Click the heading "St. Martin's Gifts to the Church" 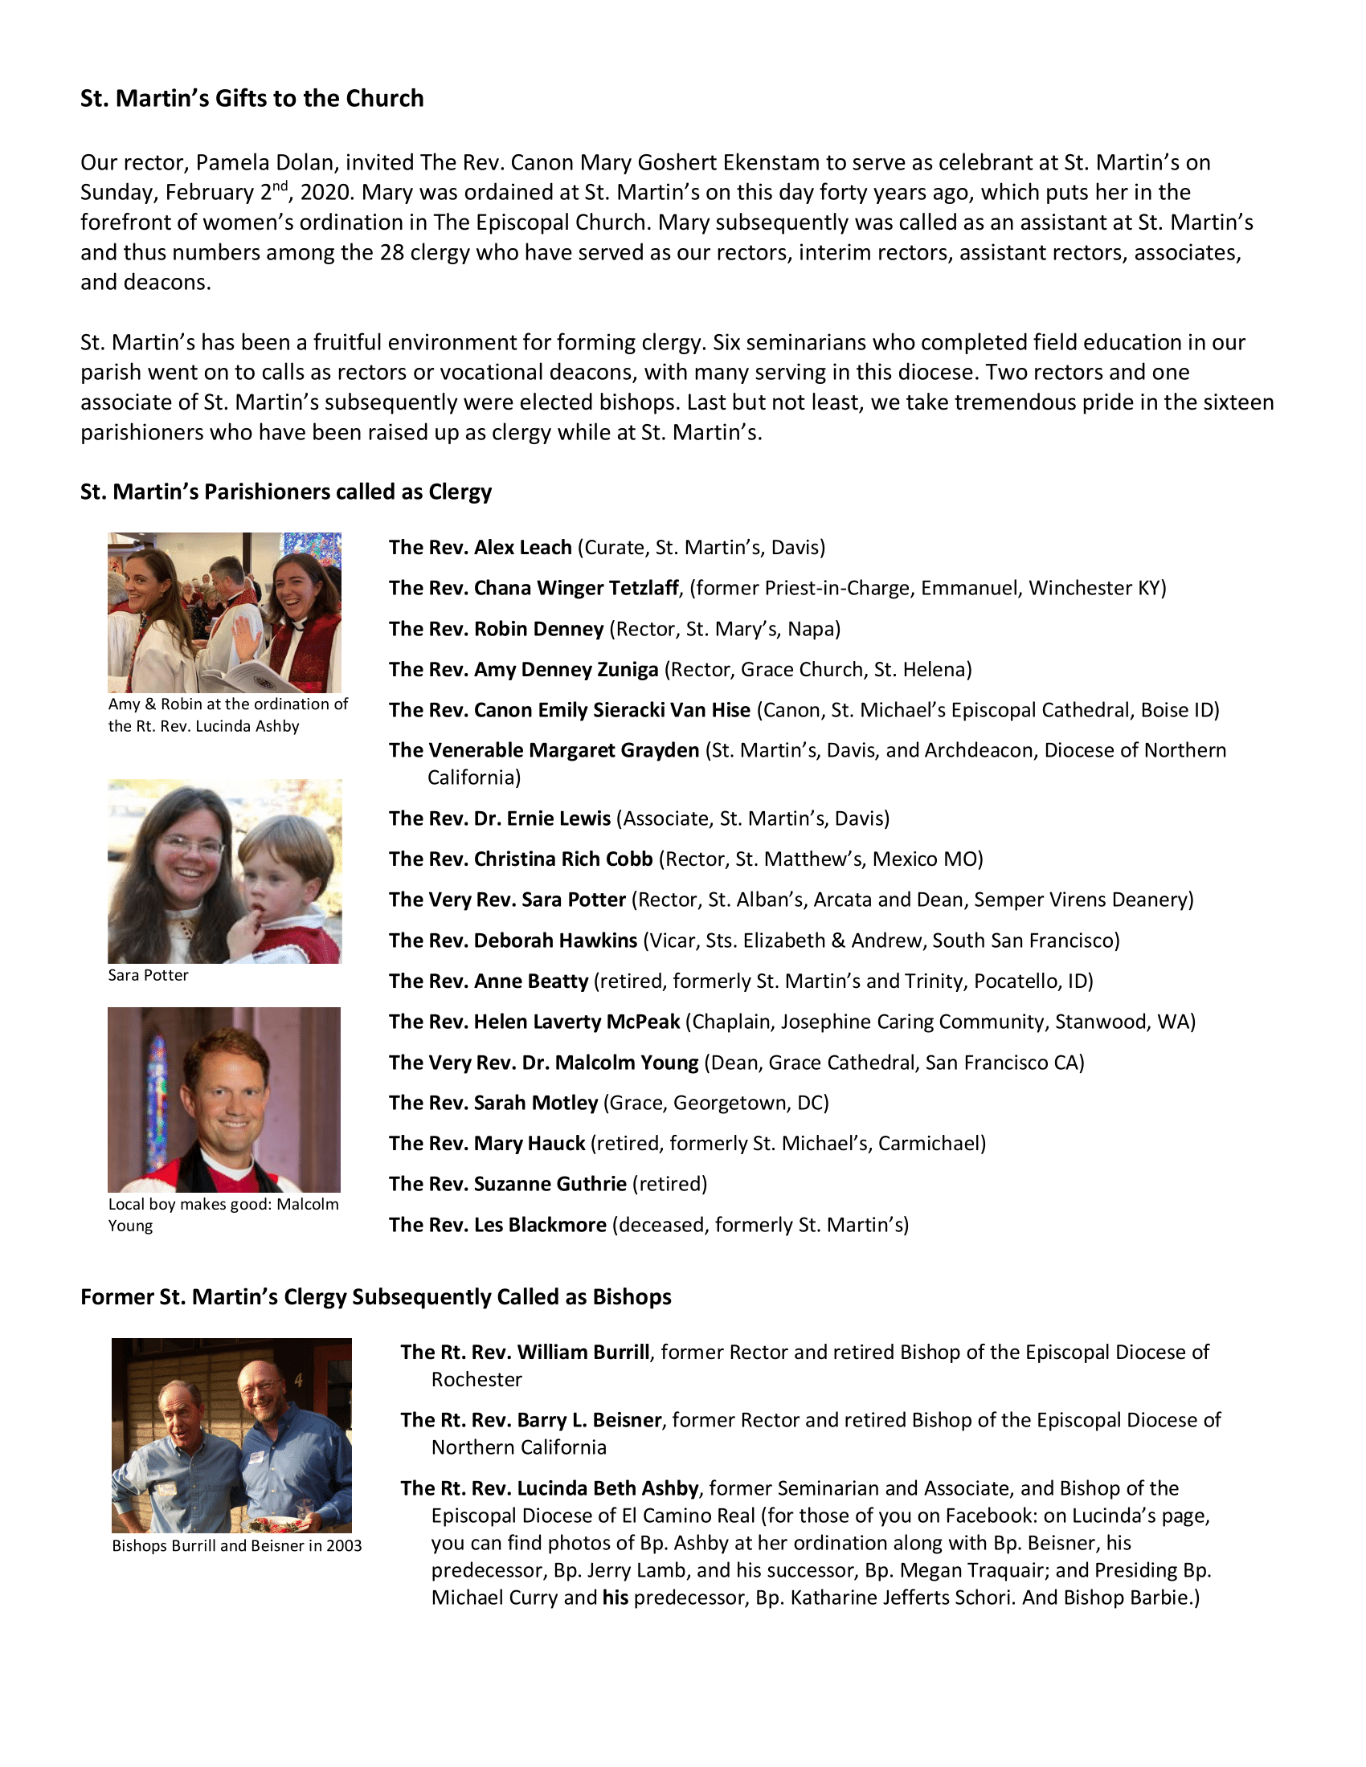pyautogui.click(x=252, y=99)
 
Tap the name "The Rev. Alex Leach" pyautogui.click(x=480, y=548)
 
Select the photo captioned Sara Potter pyautogui.click(x=224, y=871)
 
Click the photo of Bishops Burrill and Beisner pyautogui.click(x=231, y=1434)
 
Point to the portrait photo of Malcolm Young pyautogui.click(x=224, y=1100)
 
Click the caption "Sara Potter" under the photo pyautogui.click(x=148, y=976)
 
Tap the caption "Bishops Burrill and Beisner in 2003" pyautogui.click(x=236, y=1546)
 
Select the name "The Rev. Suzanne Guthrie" pyautogui.click(x=507, y=1185)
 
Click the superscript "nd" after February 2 pyautogui.click(x=279, y=186)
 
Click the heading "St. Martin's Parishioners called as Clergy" pyautogui.click(x=286, y=492)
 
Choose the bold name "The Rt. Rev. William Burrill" pyautogui.click(x=525, y=1353)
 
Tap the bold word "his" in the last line pyautogui.click(x=615, y=1598)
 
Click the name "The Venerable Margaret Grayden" pyautogui.click(x=544, y=751)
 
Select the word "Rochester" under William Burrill pyautogui.click(x=476, y=1380)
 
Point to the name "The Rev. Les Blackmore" pyautogui.click(x=497, y=1225)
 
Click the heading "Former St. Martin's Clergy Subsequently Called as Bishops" pyautogui.click(x=375, y=1297)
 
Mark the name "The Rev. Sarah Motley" pyautogui.click(x=493, y=1104)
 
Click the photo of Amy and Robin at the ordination pyautogui.click(x=224, y=613)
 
